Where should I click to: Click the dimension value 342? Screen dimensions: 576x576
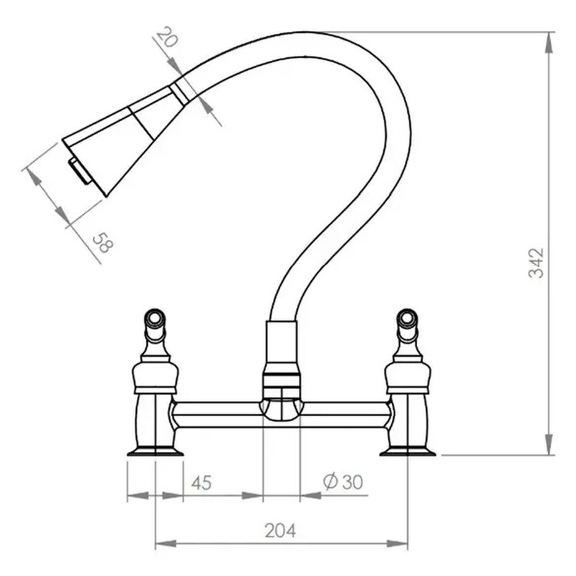tap(536, 263)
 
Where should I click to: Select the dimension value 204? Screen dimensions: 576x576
tap(280, 531)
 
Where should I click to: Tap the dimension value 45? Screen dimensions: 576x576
tap(202, 483)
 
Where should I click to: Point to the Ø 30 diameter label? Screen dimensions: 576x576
tap(343, 482)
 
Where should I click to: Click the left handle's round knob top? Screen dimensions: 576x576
tap(155, 317)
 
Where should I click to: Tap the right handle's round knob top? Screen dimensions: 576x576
tap(407, 317)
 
